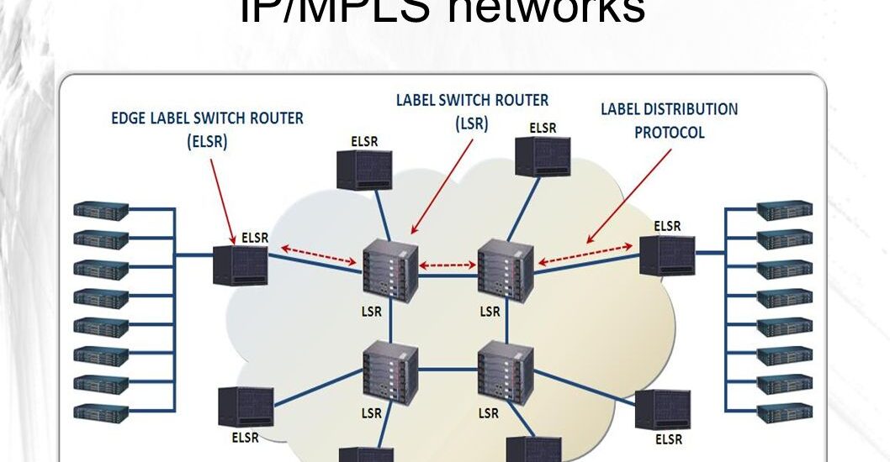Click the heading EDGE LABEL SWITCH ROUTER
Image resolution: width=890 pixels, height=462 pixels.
coord(208,118)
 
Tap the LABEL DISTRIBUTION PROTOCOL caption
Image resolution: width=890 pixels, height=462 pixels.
coord(669,121)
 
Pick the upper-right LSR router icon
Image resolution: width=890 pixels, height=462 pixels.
coord(506,270)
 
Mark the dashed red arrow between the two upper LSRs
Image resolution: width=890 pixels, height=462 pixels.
coord(448,265)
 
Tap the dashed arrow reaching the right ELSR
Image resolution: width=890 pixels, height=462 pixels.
coord(586,255)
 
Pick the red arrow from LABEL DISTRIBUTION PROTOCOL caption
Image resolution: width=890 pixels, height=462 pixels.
coord(631,195)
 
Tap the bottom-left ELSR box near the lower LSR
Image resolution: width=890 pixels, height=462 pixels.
coord(244,407)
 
